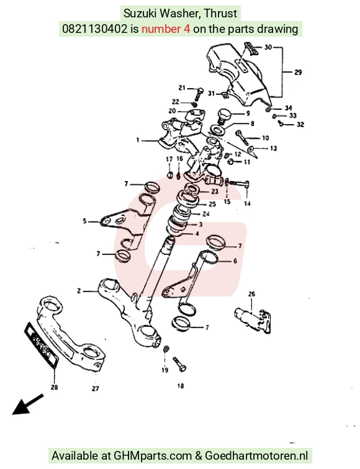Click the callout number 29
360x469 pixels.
click(x=298, y=72)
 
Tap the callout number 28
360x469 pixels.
click(x=54, y=387)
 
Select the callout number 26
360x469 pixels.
click(x=251, y=294)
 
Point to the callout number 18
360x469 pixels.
click(x=181, y=386)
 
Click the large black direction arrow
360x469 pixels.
click(x=27, y=404)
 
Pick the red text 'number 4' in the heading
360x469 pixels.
click(x=166, y=29)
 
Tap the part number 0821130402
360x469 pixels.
click(x=94, y=29)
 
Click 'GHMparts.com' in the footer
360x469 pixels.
click(x=153, y=456)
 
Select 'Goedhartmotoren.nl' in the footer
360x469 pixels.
click(x=256, y=455)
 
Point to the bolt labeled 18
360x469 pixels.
click(x=179, y=364)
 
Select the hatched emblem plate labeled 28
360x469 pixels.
click(x=41, y=344)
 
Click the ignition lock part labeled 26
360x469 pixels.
click(x=253, y=320)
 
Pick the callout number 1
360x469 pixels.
click(x=138, y=140)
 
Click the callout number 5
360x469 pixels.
click(x=84, y=221)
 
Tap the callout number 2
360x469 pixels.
click(x=79, y=291)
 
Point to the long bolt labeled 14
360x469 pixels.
click(x=237, y=183)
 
